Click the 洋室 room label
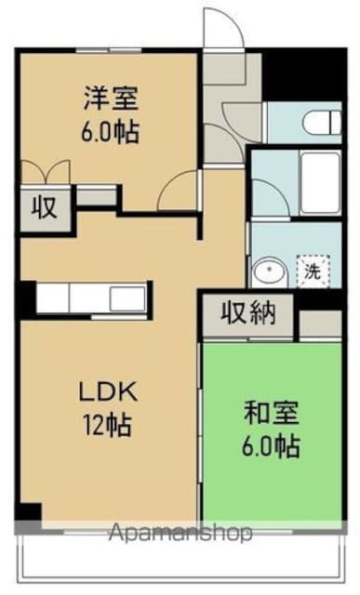109,96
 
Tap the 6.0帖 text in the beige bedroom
109,131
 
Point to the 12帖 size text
104,428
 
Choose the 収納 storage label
247,313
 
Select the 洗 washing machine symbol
313,271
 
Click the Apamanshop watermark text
180,534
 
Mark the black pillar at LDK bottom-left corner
30,511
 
